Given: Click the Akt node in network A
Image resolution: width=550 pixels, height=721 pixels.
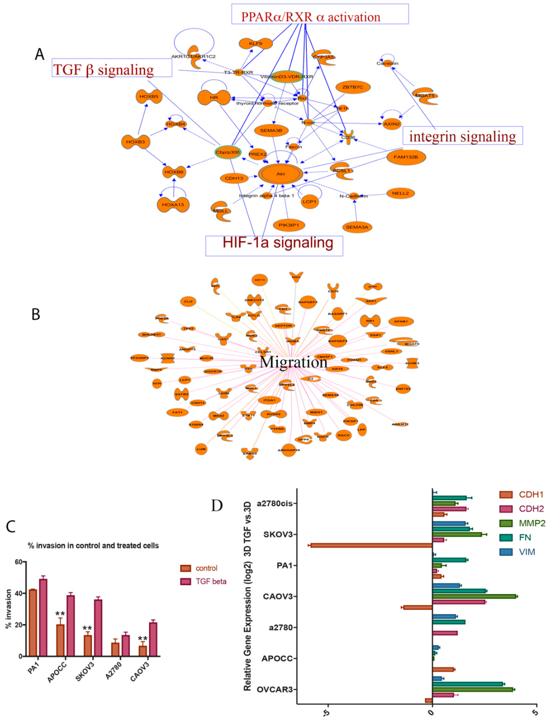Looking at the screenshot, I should point(280,174).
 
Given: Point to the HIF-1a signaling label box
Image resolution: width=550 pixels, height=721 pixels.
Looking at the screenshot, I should point(274,246).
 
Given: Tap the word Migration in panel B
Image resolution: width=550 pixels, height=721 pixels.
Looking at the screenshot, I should point(293,362).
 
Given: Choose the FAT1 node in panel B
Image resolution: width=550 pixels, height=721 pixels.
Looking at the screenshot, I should point(177,412).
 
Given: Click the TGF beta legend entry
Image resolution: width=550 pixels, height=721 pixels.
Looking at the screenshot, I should point(203,581).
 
